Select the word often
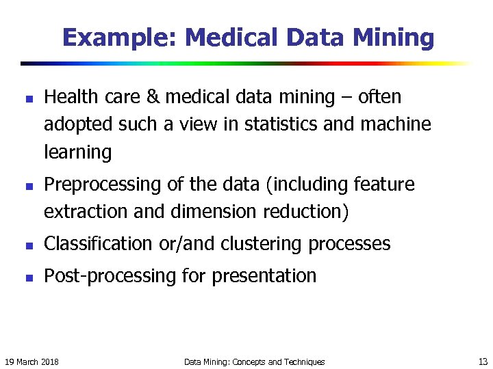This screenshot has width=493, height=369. click(378, 98)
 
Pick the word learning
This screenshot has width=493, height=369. click(77, 152)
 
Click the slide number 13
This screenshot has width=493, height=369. click(482, 361)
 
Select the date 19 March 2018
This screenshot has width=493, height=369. click(31, 361)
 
